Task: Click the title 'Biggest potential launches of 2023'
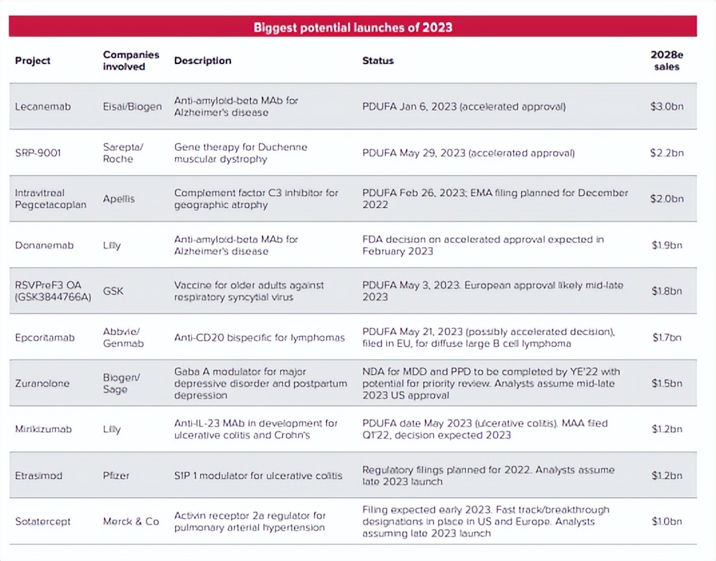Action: (x=353, y=27)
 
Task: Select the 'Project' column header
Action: (x=33, y=61)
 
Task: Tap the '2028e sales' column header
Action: (x=666, y=61)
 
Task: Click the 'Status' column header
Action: (x=378, y=61)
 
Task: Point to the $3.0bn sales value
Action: (x=667, y=107)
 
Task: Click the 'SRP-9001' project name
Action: (x=38, y=153)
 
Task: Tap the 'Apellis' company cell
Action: (x=118, y=199)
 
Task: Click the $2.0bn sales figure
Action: (x=667, y=199)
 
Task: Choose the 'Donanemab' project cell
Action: (x=44, y=245)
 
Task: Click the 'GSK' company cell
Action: (x=113, y=291)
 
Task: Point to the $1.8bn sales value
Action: (x=667, y=291)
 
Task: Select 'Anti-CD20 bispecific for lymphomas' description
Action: (x=259, y=337)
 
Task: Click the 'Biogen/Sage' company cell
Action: (x=121, y=383)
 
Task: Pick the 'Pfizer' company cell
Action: (x=116, y=476)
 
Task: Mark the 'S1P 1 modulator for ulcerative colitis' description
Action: (x=258, y=476)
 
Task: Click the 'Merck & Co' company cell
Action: (x=131, y=521)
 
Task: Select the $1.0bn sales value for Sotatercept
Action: (x=667, y=521)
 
